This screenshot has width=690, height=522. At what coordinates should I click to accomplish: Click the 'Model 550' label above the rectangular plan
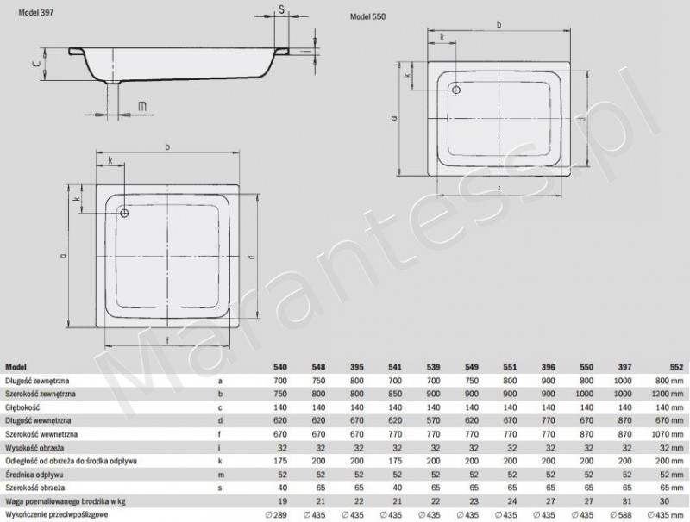(368, 18)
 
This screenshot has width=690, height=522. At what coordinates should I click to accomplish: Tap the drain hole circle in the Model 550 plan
(456, 89)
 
